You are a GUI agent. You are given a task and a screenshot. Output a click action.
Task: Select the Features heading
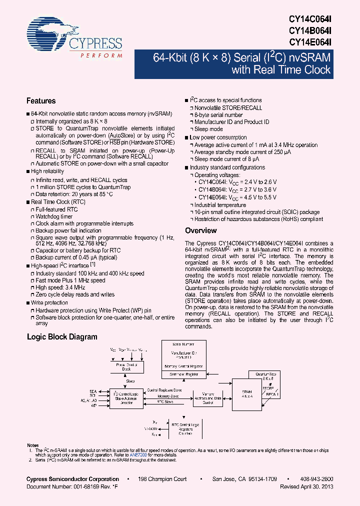(41, 100)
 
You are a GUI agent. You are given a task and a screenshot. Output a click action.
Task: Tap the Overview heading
(201, 230)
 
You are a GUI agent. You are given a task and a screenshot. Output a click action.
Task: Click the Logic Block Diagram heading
(62, 337)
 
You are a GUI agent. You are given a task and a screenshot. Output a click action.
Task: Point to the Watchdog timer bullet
(54, 216)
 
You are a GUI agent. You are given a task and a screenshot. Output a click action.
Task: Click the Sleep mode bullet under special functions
(208, 129)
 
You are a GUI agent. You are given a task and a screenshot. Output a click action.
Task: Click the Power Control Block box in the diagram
(127, 367)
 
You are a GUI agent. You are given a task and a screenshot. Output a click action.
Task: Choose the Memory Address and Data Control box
(204, 398)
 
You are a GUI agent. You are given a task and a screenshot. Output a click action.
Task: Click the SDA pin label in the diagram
(92, 390)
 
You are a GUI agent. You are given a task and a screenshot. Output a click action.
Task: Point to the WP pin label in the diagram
(93, 405)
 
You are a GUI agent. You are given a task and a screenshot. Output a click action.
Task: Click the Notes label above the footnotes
(32, 445)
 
